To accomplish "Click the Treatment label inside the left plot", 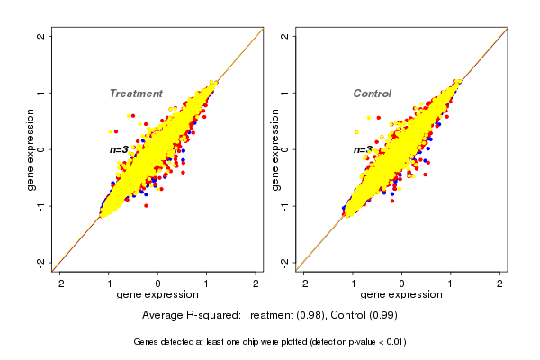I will (136, 94).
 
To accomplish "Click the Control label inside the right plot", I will (372, 94).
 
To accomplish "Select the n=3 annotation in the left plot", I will (120, 149).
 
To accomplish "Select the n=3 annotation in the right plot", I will (362, 149).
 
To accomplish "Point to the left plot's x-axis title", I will (157, 295).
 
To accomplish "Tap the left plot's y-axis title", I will (32, 149).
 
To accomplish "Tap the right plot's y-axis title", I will (275, 149).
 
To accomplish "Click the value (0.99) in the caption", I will (382, 316).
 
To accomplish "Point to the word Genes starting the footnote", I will (147, 342).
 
